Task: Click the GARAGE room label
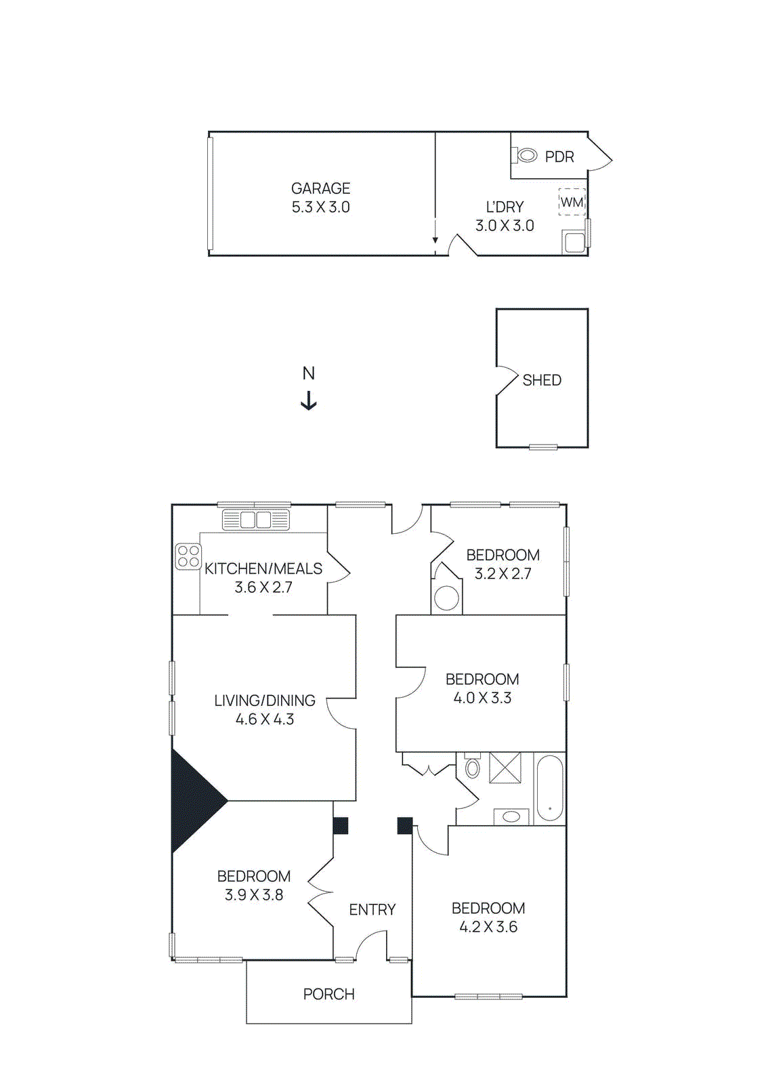tap(320, 188)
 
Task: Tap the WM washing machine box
tap(572, 202)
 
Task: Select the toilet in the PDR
tap(526, 156)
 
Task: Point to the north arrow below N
tap(309, 400)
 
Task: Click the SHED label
tap(542, 380)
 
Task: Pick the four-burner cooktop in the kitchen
tap(188, 556)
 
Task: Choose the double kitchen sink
tap(255, 520)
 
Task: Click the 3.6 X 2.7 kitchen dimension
tap(263, 587)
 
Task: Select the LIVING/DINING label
tap(265, 701)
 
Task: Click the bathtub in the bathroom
tap(549, 789)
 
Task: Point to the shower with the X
tap(505, 768)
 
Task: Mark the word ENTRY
tap(372, 910)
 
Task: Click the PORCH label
tap(328, 994)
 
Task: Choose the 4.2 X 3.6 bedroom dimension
tap(488, 927)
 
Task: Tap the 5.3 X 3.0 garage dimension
tap(320, 207)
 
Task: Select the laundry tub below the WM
tap(574, 242)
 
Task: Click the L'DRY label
tap(505, 207)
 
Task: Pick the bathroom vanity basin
tap(511, 816)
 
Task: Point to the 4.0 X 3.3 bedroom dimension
tap(482, 698)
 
